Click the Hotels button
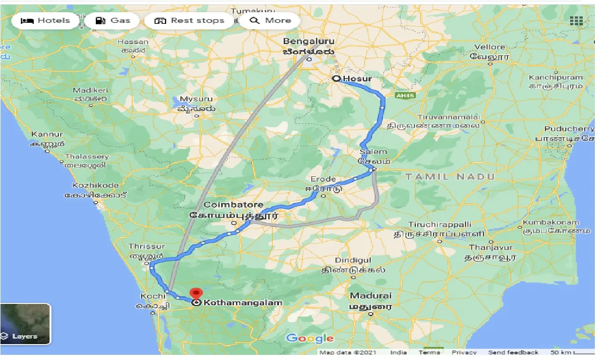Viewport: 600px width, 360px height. click(x=45, y=21)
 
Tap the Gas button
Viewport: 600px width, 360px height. click(x=113, y=21)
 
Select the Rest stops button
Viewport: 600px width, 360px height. click(x=189, y=21)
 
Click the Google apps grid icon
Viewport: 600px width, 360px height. click(x=576, y=21)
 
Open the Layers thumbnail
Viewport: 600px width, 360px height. click(x=26, y=324)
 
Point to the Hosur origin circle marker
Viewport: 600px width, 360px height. click(x=336, y=79)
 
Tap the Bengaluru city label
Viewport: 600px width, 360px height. click(x=309, y=41)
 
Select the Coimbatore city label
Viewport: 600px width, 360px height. click(x=234, y=205)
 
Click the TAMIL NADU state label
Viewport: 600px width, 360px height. click(x=450, y=177)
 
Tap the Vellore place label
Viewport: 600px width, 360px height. click(x=490, y=47)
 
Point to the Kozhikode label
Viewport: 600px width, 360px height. click(x=95, y=186)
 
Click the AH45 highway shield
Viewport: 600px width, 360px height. click(x=402, y=95)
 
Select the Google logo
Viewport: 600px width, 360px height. click(x=309, y=338)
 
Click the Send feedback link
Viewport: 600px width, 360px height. click(x=513, y=353)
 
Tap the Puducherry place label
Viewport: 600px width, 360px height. click(x=569, y=129)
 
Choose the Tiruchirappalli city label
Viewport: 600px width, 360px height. click(x=440, y=225)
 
